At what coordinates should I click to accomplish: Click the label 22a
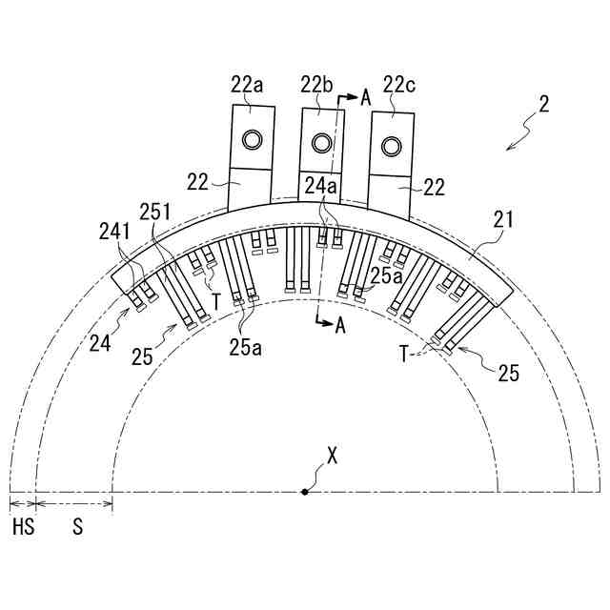247,85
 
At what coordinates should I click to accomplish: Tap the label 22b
316,85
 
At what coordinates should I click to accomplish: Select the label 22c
399,85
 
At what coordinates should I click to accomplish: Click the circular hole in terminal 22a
252,139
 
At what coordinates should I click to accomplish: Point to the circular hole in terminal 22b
322,143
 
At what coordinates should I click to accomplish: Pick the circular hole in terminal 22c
392,147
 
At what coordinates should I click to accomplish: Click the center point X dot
305,492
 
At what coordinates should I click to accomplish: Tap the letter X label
332,456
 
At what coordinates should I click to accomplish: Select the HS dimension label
24,527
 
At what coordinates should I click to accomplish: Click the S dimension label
78,527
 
